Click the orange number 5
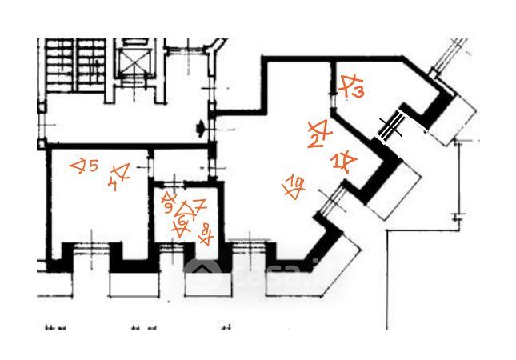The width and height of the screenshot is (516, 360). coord(93,166)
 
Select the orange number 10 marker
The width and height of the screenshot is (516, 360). coord(297,186)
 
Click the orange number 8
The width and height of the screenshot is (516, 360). coord(207,234)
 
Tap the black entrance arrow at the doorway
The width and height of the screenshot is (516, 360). coord(199,125)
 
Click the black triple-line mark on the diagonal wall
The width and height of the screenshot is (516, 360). coord(391,126)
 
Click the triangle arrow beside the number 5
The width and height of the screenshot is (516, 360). coord(78,166)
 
